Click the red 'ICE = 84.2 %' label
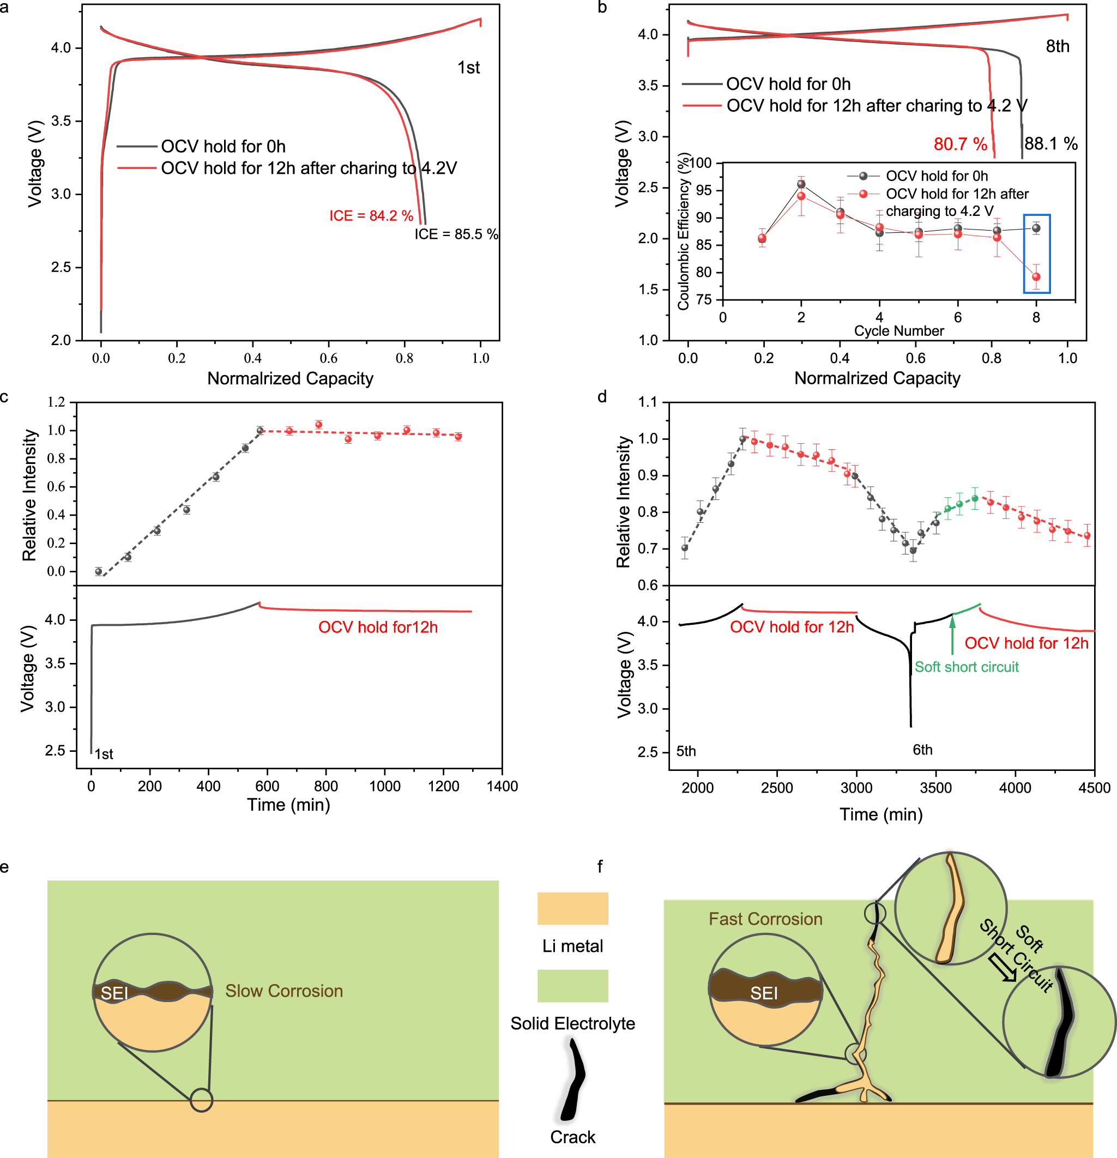371,216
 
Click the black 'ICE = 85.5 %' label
455,234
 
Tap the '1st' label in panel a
468,68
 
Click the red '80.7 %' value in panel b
960,144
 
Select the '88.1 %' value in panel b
1050,143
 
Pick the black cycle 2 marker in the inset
801,184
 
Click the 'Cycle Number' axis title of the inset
898,331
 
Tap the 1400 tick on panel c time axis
502,786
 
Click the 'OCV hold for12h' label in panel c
378,628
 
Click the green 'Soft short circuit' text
967,667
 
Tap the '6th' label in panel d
922,750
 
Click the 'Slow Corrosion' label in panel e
283,991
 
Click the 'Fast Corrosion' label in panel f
765,919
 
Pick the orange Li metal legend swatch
572,909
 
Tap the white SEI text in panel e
114,993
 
